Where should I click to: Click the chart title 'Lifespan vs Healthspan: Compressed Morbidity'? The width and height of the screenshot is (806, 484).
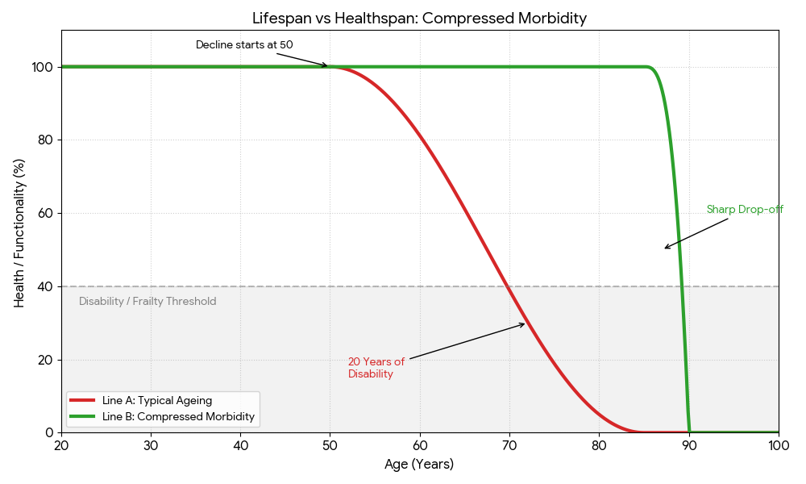pos(419,18)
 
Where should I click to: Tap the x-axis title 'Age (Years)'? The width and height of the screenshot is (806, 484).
pos(419,465)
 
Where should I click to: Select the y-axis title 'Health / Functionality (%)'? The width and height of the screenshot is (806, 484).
pos(19,232)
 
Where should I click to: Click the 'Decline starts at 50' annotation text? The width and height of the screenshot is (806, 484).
pos(244,44)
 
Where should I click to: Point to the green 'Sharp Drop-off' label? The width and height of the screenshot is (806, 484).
pos(745,210)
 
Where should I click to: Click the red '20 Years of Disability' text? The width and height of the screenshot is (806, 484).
pos(376,368)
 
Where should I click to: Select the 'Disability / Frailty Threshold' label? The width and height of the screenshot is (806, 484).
pos(147,302)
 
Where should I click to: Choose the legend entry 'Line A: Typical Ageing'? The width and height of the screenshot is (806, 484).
pos(157,400)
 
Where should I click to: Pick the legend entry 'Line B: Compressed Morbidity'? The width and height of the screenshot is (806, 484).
pos(178,417)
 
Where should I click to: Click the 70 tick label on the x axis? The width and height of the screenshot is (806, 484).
pos(509,445)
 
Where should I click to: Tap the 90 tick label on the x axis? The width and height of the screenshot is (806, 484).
pos(689,445)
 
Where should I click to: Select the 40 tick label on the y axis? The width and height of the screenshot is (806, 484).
pos(45,286)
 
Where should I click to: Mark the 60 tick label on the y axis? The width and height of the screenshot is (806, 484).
pos(45,213)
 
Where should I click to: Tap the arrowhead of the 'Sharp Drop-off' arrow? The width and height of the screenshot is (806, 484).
pos(665,248)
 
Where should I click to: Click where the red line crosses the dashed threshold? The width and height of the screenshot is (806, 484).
pos(509,286)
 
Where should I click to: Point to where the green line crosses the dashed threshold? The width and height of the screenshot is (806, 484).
pos(683,286)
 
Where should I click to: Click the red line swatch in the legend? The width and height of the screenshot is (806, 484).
pos(82,400)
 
